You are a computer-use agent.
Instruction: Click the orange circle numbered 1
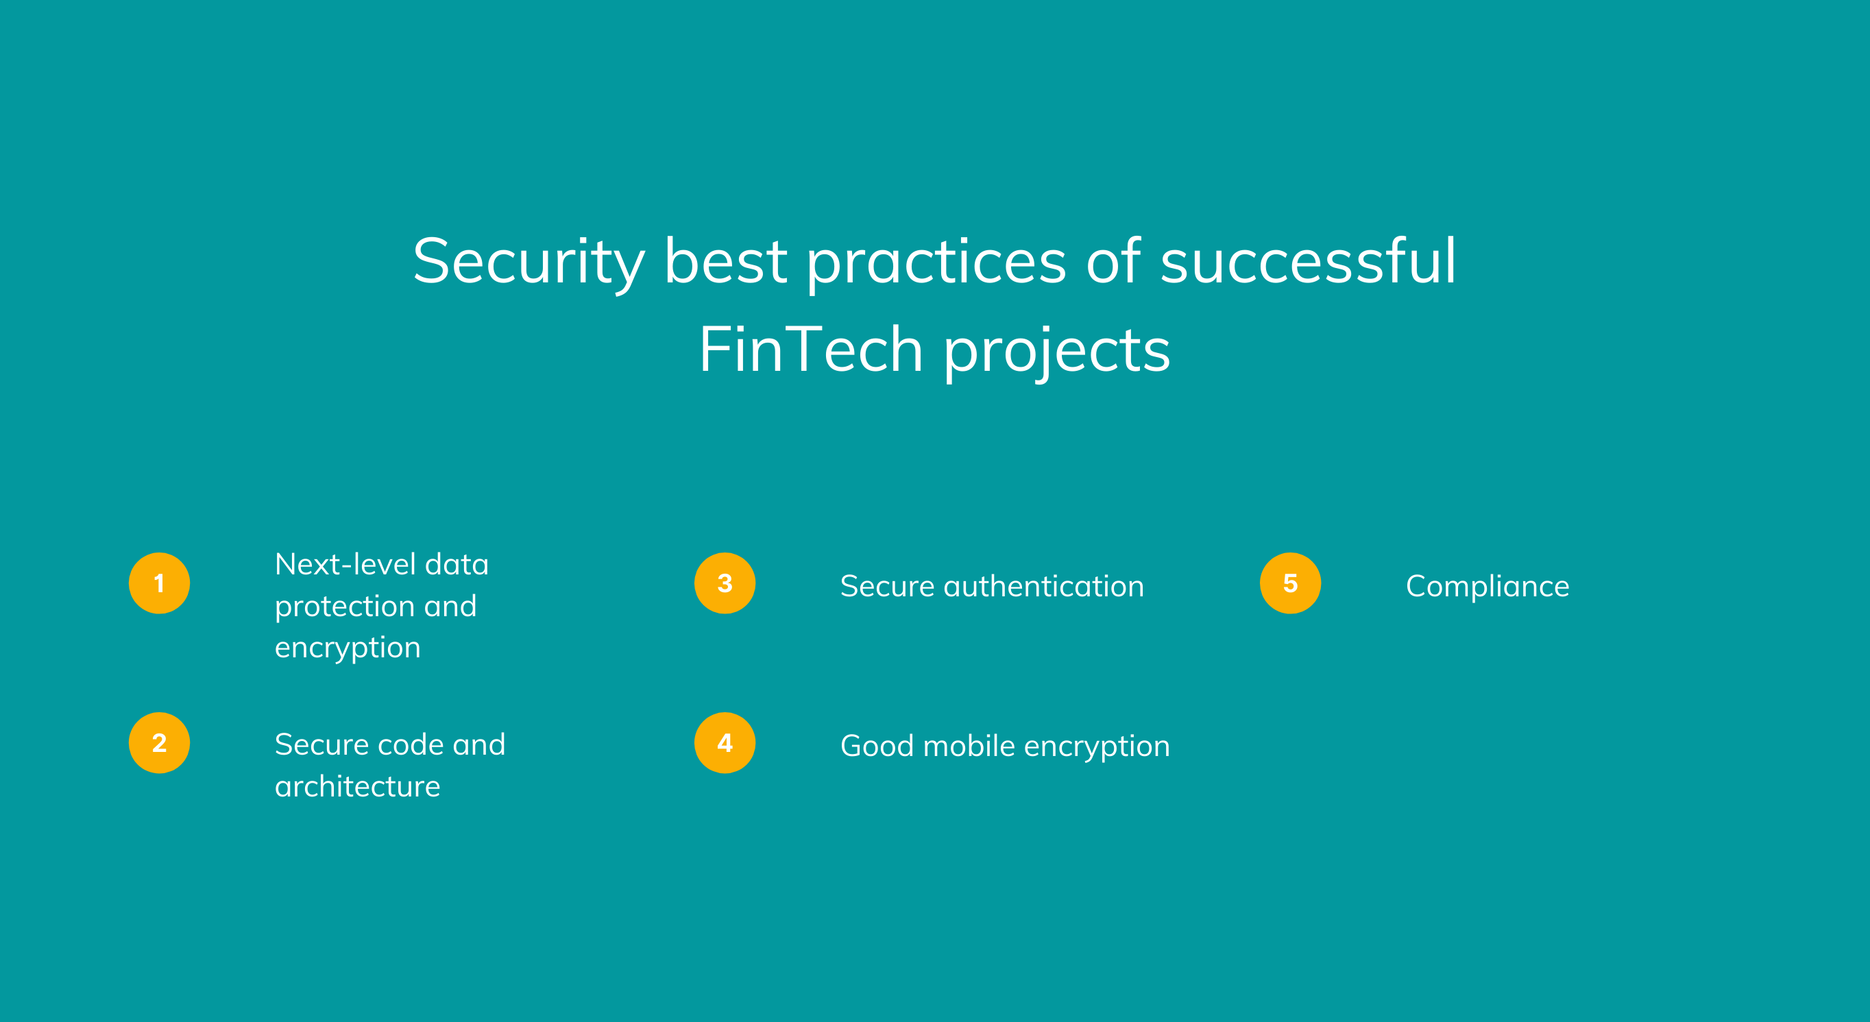tap(159, 583)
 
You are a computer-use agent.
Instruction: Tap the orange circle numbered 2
tap(159, 742)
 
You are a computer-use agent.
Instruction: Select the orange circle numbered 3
tap(725, 583)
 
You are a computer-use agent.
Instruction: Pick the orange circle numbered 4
tap(725, 742)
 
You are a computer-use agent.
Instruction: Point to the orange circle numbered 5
tap(1290, 583)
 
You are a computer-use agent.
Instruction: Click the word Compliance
tap(1487, 587)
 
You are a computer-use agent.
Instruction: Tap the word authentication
tap(1043, 586)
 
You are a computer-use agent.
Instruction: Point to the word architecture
tap(357, 787)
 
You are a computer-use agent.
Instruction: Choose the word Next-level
tap(345, 564)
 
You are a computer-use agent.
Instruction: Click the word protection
tap(344, 607)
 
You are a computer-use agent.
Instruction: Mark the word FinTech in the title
tap(811, 349)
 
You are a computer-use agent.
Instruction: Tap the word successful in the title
tap(1308, 260)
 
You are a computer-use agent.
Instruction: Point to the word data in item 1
tap(457, 564)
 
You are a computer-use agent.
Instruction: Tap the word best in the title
tap(725, 260)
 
